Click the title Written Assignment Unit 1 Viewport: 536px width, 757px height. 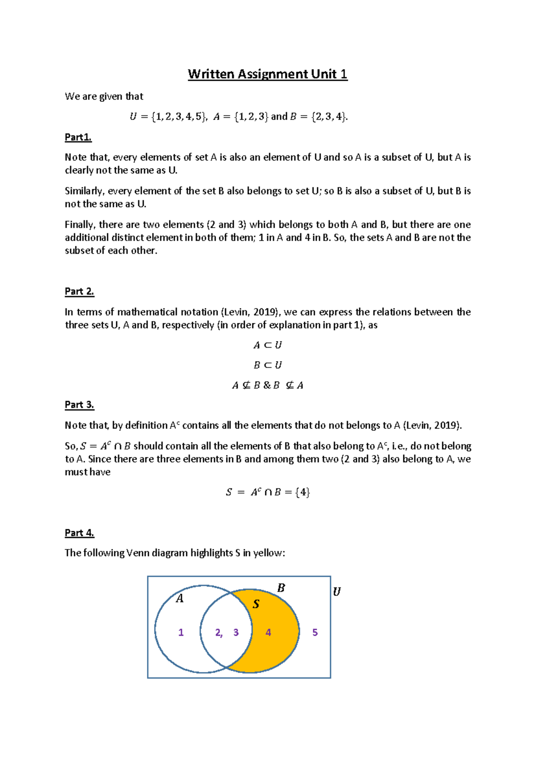(x=268, y=74)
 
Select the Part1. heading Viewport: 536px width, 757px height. (x=78, y=137)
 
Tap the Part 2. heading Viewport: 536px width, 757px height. (x=80, y=291)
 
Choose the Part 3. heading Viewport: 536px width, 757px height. (x=80, y=405)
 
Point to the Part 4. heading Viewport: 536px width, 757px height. (x=80, y=532)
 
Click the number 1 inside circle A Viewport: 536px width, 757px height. (x=181, y=632)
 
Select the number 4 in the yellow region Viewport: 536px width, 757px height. (x=268, y=632)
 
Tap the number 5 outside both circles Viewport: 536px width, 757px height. (x=315, y=632)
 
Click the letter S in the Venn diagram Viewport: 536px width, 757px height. (x=256, y=604)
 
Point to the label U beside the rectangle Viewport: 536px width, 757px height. (x=337, y=592)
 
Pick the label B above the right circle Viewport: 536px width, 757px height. (x=281, y=588)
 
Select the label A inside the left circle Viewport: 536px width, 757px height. (x=180, y=599)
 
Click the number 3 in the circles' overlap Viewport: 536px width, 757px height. (x=236, y=632)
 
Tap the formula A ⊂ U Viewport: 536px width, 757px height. (x=268, y=345)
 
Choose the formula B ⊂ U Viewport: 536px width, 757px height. (x=268, y=365)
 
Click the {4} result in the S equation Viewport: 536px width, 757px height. (x=303, y=492)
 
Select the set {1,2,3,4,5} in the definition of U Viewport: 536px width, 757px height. (x=179, y=117)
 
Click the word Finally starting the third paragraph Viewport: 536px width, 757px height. (x=80, y=225)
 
